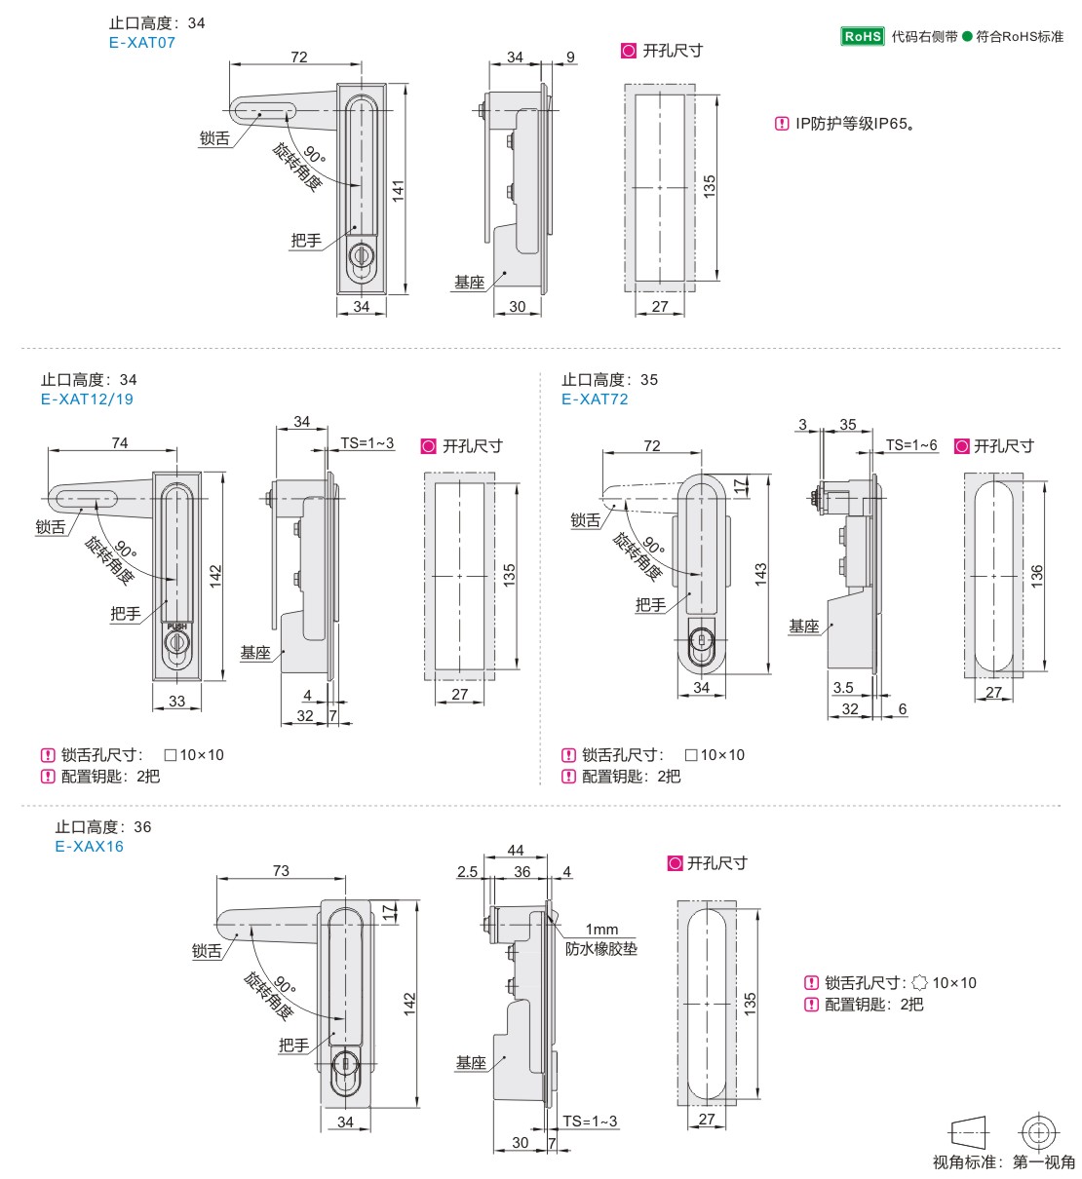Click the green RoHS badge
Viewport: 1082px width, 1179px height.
pos(863,36)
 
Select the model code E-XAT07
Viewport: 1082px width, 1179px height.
pos(142,43)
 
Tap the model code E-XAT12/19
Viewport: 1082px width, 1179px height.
pos(87,399)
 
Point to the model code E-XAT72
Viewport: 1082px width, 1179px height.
pos(595,399)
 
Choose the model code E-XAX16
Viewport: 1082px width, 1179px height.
pos(90,846)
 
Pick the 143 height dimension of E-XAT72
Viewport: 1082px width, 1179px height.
pos(760,574)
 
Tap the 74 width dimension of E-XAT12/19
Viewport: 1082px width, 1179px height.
pos(119,442)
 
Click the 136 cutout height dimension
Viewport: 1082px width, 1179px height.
pos(1037,575)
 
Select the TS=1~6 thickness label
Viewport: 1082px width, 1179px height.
pos(911,445)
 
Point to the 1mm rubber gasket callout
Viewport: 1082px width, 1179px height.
pos(602,930)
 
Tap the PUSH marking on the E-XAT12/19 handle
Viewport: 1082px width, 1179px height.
pos(176,627)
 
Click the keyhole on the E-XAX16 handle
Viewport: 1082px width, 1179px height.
pos(344,1064)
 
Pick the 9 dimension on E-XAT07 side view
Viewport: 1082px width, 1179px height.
pos(570,57)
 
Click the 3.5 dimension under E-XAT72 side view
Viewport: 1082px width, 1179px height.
pos(843,688)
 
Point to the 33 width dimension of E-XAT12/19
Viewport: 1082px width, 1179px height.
pos(176,701)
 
